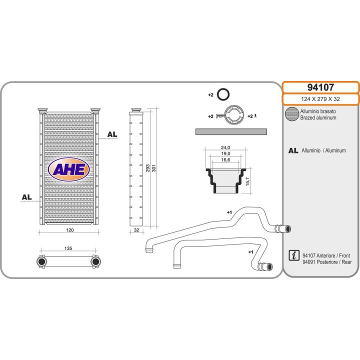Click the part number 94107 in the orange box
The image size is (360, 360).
click(320, 87)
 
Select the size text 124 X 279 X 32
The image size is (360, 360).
click(320, 99)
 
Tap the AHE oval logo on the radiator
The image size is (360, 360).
click(69, 169)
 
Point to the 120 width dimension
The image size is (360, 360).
click(70, 230)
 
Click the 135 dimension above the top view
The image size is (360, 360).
click(68, 248)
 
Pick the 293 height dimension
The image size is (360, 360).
click(148, 168)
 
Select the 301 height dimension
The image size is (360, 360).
click(154, 168)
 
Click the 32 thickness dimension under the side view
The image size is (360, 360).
click(136, 230)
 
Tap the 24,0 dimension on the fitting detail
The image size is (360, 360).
click(225, 147)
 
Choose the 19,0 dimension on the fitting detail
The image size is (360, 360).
click(225, 153)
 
